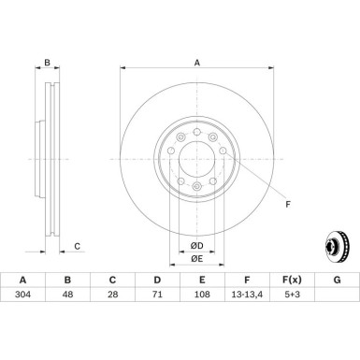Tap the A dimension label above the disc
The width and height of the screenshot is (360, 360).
196,63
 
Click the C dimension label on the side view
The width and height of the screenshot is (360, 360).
76,247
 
